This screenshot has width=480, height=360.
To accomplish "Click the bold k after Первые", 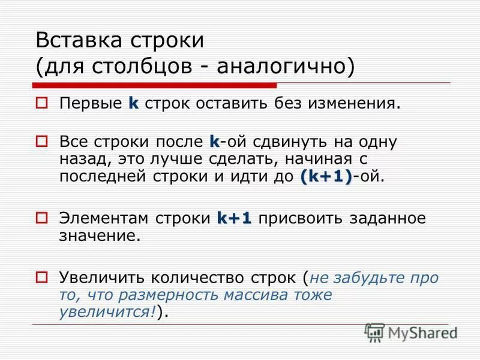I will click(133, 103).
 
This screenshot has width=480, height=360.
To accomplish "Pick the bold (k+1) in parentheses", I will click(326, 176).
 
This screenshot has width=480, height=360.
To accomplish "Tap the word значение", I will click(100, 236).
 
